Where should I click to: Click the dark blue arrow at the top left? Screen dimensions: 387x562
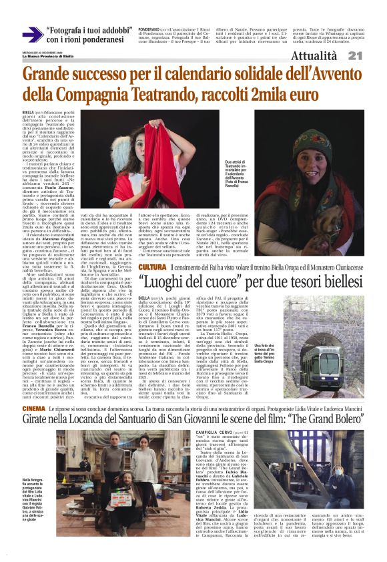(32, 35)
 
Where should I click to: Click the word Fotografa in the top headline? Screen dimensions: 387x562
(70, 30)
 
